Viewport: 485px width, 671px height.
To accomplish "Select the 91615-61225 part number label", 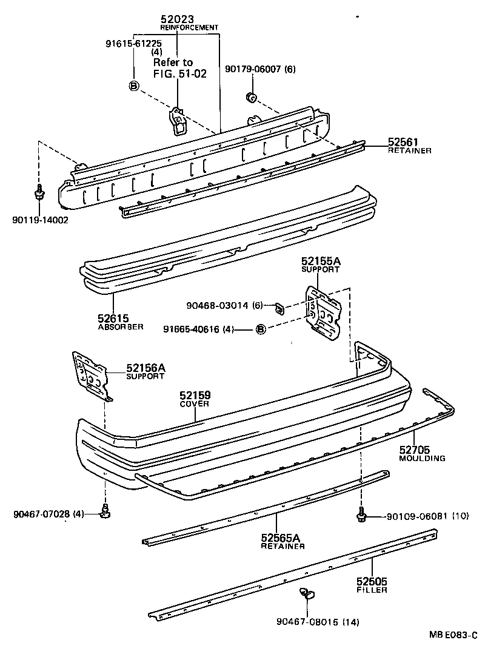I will pos(133,43).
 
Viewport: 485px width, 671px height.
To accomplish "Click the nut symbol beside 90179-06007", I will pos(250,96).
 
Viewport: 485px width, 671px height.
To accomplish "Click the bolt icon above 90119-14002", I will pos(39,194).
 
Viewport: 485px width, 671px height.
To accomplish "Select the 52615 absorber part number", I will pos(113,317).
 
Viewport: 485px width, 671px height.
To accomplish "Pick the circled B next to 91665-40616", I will pos(261,329).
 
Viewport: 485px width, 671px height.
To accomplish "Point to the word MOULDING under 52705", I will pos(422,458).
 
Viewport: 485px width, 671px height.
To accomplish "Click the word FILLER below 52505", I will pos(372,589).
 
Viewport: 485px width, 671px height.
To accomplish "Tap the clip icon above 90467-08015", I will pos(307,593).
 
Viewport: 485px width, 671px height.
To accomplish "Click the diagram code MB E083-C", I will pos(453,635).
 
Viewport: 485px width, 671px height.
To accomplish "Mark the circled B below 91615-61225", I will pos(133,86).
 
